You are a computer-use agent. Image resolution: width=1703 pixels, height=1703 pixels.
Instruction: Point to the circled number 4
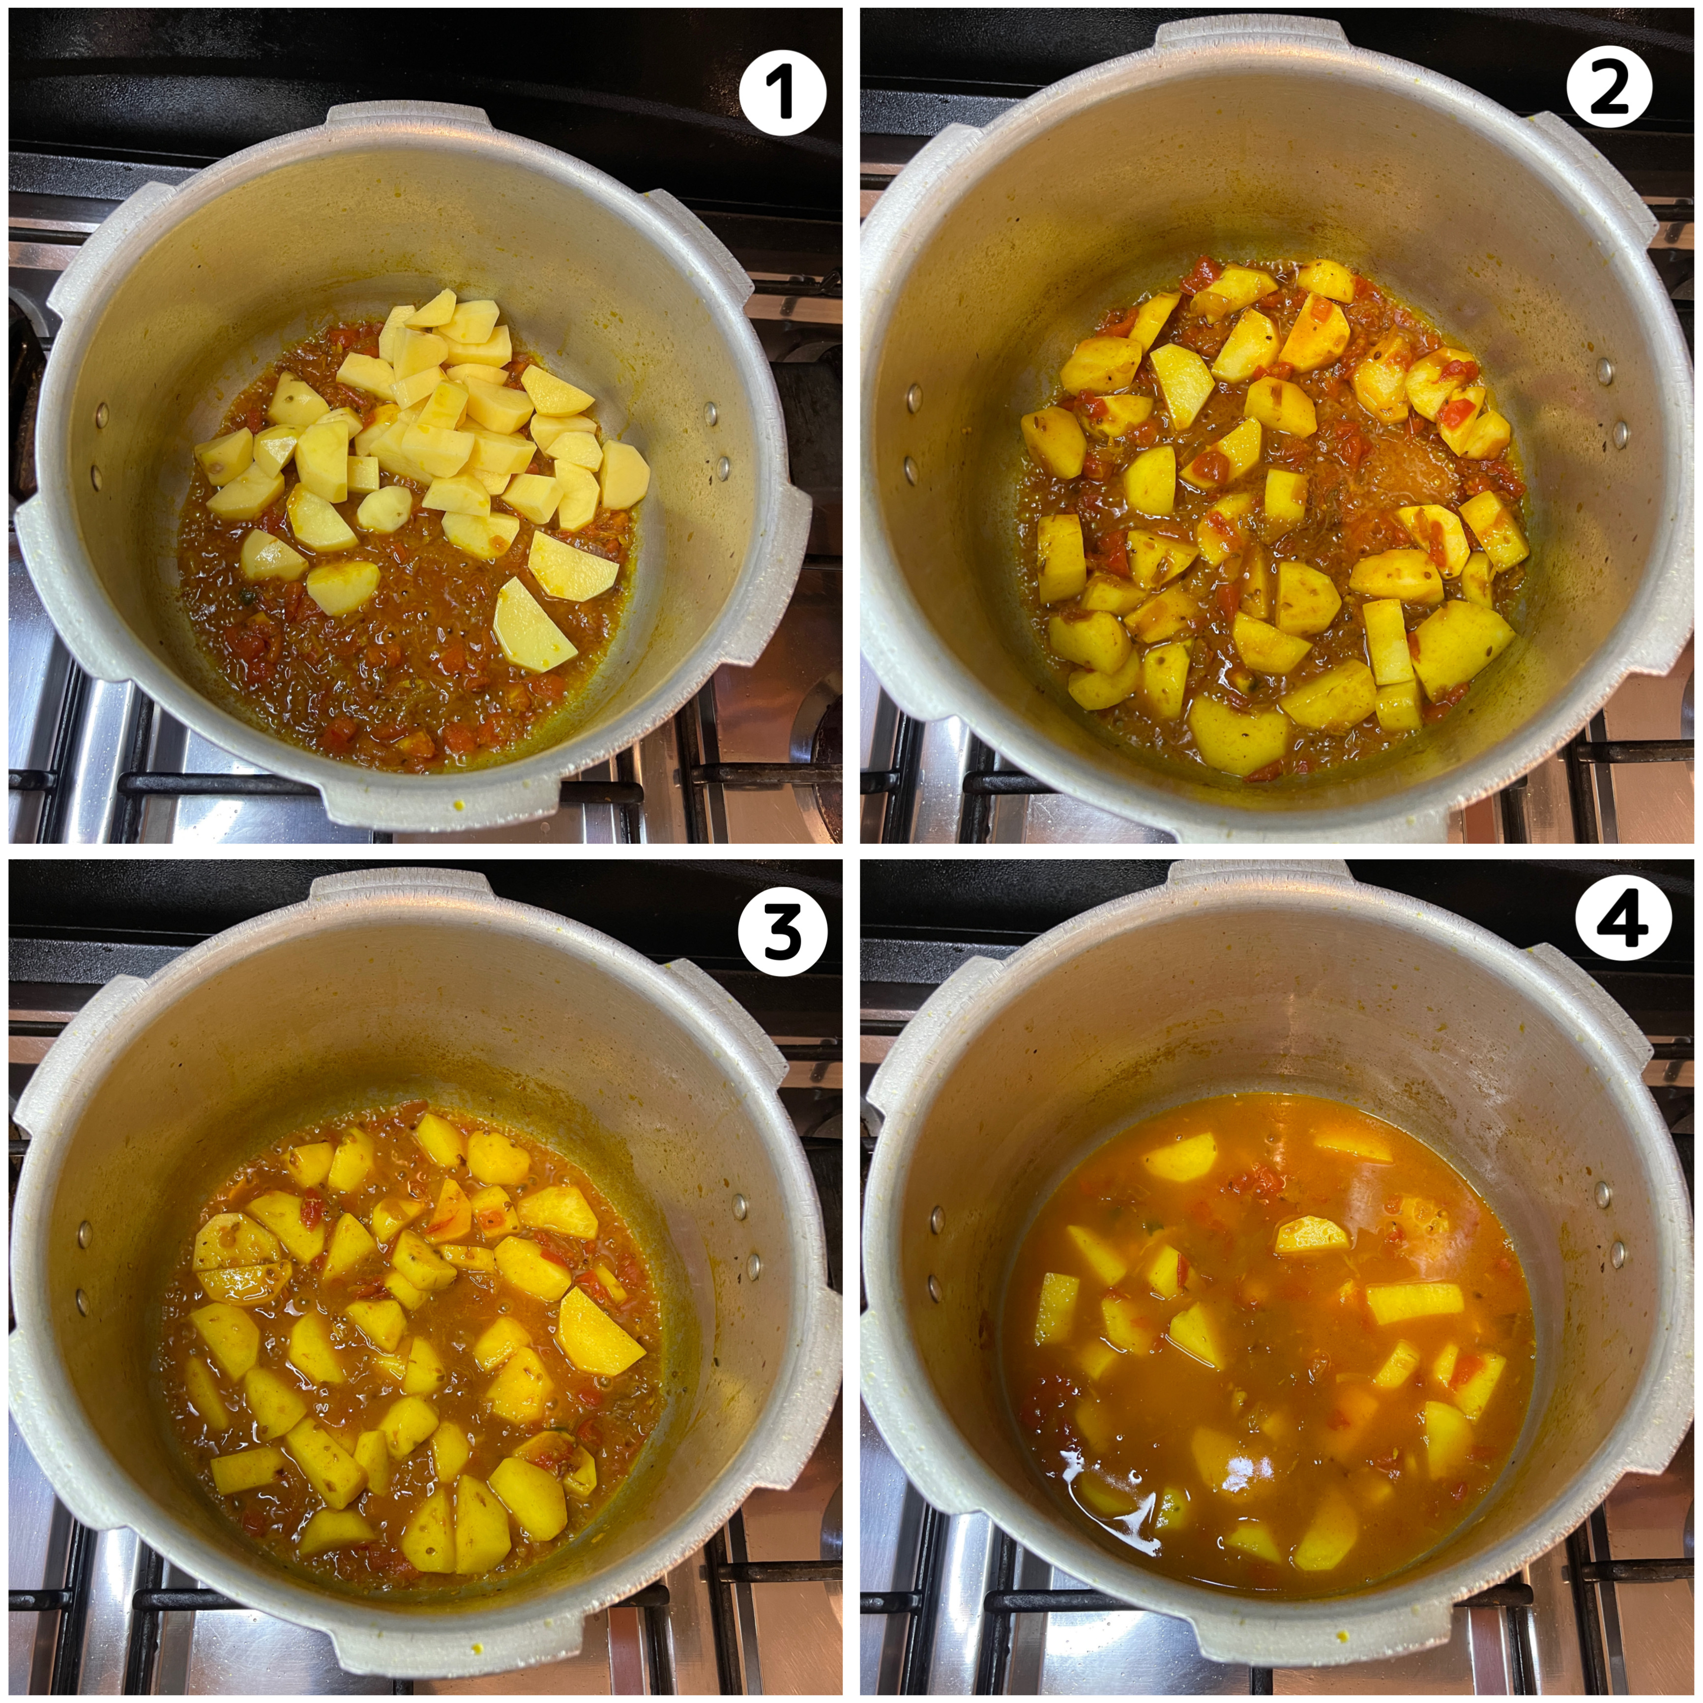tap(1623, 917)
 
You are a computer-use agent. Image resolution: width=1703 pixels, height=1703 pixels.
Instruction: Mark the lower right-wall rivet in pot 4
tap(1618, 1249)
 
